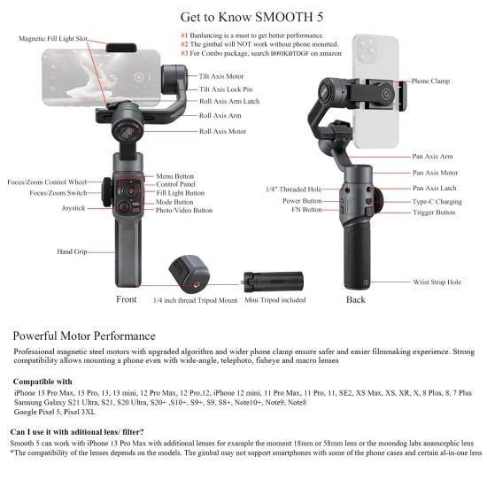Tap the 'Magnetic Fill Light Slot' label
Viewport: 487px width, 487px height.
pos(53,39)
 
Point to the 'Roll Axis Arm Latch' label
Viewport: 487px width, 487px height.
pos(230,102)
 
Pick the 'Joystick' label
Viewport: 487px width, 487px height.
pos(73,207)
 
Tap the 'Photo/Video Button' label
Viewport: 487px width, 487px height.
pos(184,211)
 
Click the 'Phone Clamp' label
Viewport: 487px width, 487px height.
pos(430,81)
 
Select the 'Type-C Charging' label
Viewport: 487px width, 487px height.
pos(437,201)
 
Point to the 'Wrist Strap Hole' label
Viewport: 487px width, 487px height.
pos(437,282)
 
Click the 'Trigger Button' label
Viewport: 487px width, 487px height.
pos(433,213)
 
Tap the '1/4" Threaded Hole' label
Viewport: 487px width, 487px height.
pos(294,189)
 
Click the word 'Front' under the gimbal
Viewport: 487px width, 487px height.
pos(127,299)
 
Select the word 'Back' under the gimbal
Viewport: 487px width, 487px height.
pos(356,299)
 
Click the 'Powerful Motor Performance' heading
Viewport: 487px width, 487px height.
pos(84,336)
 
